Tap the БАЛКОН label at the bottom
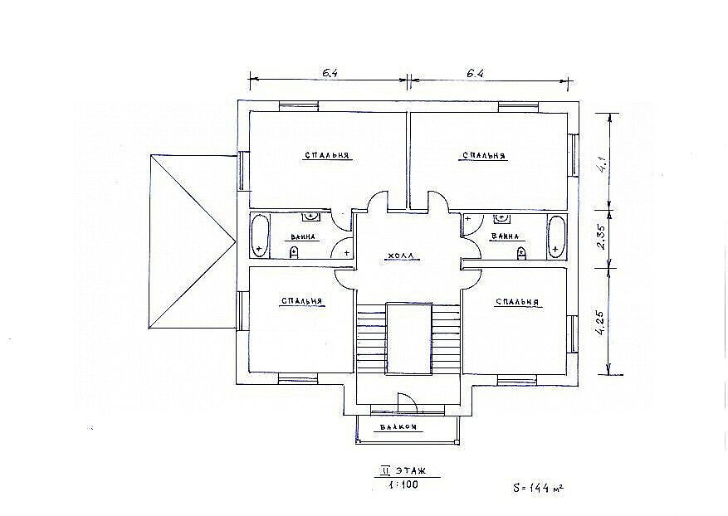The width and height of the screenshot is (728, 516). tap(398, 427)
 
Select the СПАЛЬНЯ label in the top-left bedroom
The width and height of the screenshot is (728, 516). tap(327, 155)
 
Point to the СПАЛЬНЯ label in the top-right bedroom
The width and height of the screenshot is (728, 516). tap(484, 155)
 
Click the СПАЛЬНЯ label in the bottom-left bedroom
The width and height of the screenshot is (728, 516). tap(302, 300)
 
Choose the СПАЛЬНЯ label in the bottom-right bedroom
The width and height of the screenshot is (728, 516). tap(518, 302)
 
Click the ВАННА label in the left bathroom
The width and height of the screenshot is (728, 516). tap(303, 237)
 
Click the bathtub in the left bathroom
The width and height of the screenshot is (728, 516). tap(260, 236)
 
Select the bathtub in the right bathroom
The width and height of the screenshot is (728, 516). tap(556, 236)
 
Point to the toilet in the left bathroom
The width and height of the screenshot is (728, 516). tap(294, 252)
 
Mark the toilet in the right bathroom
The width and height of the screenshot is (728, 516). tap(522, 253)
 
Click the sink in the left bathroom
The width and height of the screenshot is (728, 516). tap(310, 217)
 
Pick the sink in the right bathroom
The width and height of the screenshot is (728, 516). tap(501, 217)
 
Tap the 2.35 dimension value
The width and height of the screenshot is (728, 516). tap(601, 239)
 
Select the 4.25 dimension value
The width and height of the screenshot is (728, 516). tap(600, 323)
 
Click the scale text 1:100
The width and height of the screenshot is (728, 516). tap(403, 485)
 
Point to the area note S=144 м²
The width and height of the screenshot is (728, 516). tap(538, 488)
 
